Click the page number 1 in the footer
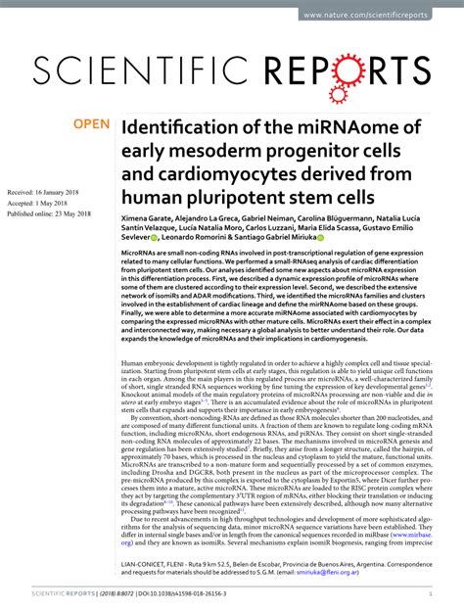click(x=432, y=594)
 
